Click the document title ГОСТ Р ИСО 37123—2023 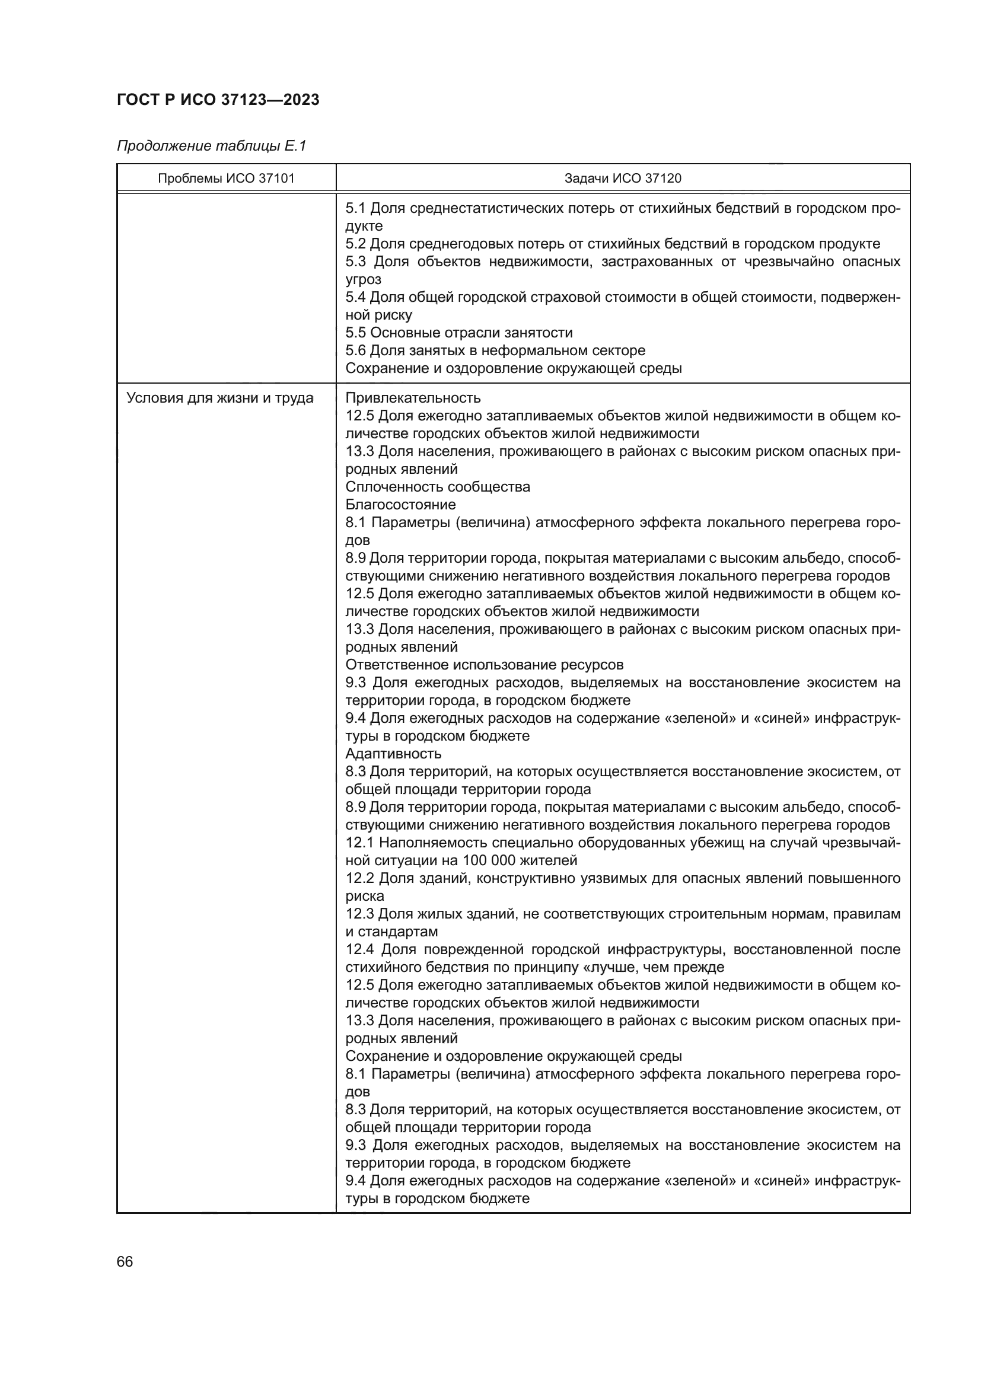coord(218,100)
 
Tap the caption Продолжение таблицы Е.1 coord(211,146)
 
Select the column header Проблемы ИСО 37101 coord(226,178)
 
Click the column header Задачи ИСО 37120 coord(622,178)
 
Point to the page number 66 coord(125,1261)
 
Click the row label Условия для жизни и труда coord(220,398)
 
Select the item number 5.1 coord(355,208)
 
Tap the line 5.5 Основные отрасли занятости coord(459,333)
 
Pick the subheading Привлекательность coord(413,398)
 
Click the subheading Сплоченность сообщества coord(437,487)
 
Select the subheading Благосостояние coord(400,505)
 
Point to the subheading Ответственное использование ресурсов coord(484,665)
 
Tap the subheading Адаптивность coord(393,754)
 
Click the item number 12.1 coord(359,843)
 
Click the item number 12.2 coord(359,878)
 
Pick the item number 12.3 coord(359,914)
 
